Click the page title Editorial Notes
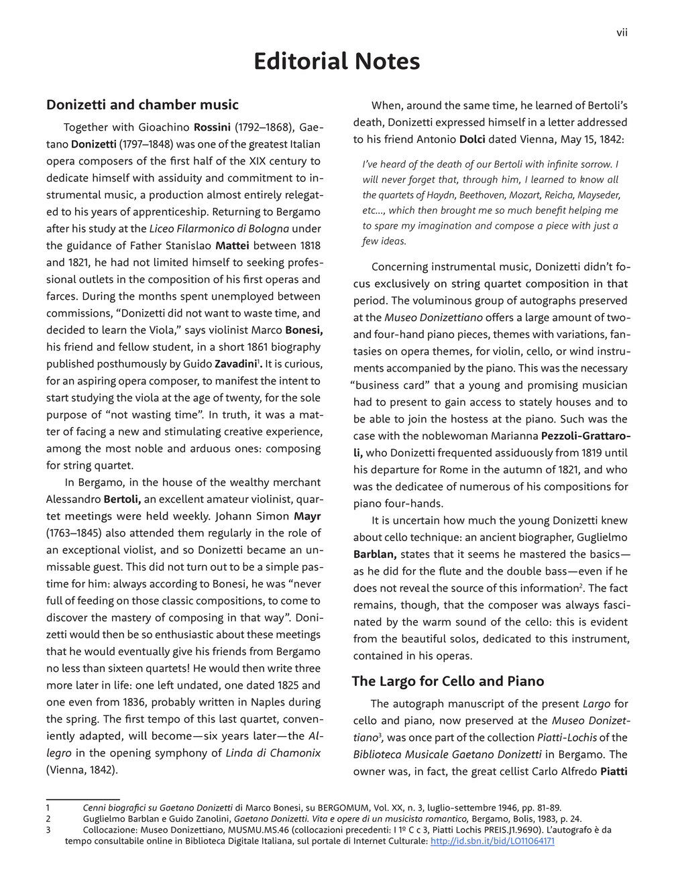(x=337, y=62)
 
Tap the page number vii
(x=622, y=32)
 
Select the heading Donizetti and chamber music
(x=142, y=105)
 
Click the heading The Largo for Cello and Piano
(x=447, y=681)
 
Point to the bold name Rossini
(x=212, y=127)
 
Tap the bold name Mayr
(x=307, y=516)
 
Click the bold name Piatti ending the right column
(x=614, y=771)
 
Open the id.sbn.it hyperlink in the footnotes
(x=492, y=841)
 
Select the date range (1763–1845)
(x=78, y=533)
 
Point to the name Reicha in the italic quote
(x=543, y=195)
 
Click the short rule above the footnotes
(x=82, y=799)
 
